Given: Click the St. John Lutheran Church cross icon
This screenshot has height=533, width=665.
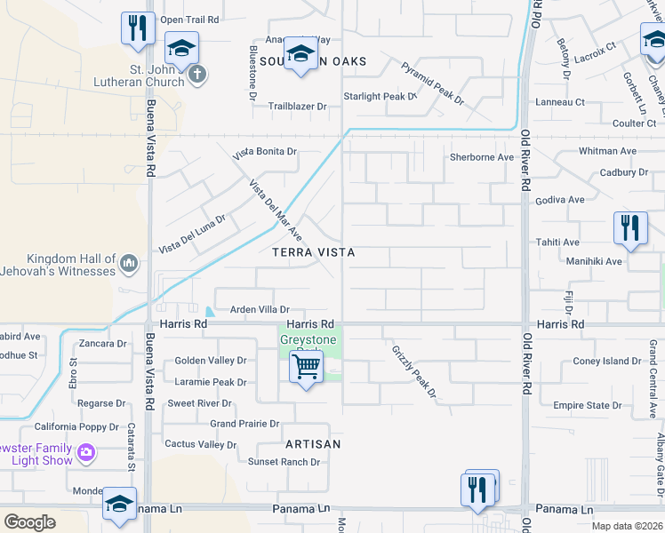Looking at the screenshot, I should [197, 74].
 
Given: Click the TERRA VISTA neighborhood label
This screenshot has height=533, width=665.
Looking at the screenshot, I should [314, 253].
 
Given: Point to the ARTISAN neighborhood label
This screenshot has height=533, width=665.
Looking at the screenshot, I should [314, 443].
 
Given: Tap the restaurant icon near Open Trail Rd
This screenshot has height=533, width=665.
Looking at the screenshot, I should [136, 28].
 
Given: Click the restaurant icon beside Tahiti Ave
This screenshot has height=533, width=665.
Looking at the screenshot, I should [629, 227].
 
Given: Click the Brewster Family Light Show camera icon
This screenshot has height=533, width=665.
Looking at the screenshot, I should [86, 452].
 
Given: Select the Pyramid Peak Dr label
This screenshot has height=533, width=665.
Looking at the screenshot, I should [432, 84].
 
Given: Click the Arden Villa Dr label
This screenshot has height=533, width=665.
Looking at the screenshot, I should [260, 309].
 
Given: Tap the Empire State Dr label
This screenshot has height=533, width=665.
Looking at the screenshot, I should [588, 406].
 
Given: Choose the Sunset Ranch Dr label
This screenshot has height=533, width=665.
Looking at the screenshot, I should [284, 462].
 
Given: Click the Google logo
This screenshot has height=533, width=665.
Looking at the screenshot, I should [28, 521].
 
